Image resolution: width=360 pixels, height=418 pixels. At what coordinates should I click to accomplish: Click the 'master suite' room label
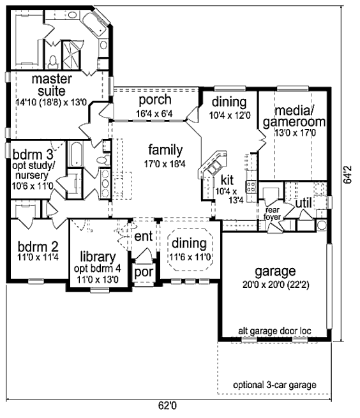(x=52, y=85)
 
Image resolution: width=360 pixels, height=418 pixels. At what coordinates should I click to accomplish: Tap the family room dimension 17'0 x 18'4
(x=165, y=164)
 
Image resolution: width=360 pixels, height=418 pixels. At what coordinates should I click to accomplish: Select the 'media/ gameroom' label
(x=294, y=116)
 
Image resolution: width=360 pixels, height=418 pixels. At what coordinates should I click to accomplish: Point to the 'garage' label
(x=275, y=271)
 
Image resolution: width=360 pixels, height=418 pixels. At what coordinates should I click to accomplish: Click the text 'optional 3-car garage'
(x=274, y=385)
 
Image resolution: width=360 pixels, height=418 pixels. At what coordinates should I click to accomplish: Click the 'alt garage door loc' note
(x=274, y=331)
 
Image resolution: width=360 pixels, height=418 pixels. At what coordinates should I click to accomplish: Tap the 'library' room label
(x=98, y=257)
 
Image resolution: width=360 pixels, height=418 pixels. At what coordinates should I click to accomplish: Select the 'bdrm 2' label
(x=38, y=247)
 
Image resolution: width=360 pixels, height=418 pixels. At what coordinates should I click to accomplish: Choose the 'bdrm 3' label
(x=33, y=154)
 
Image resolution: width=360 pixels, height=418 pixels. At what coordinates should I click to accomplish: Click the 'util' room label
(x=303, y=204)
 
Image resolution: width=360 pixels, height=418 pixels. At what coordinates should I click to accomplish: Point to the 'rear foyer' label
(x=273, y=214)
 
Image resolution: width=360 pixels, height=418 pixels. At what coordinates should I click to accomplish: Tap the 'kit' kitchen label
(x=227, y=180)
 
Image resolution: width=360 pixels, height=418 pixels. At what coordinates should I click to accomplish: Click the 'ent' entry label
(x=144, y=236)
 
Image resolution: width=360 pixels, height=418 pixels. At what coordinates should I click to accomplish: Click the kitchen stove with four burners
(x=251, y=186)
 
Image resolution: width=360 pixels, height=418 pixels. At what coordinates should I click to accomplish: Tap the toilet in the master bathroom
(x=53, y=61)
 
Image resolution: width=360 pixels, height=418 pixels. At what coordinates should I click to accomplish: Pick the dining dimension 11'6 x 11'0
(x=190, y=257)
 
